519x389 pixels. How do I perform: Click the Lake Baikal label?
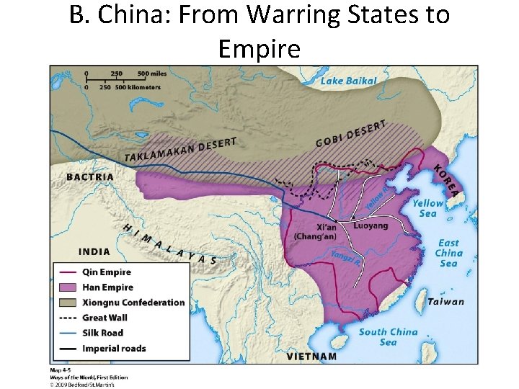pos(348,81)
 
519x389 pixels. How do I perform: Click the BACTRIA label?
pos(90,176)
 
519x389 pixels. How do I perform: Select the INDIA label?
pos(94,251)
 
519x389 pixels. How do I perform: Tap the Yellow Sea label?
pos(427,208)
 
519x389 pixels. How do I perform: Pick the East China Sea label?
pos(448,253)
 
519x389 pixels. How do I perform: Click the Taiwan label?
pos(445,302)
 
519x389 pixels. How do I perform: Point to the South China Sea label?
pos(388,336)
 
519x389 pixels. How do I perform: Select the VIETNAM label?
pos(311,356)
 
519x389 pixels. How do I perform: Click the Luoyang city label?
pos(371,225)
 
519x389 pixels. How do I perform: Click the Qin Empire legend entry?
pos(107,272)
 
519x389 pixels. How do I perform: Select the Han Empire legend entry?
pos(107,287)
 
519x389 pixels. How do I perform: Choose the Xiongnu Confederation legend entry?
pos(133,303)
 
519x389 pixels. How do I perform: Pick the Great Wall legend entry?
pos(105,318)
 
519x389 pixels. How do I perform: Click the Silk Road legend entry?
pos(102,333)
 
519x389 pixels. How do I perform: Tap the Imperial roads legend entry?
pos(114,349)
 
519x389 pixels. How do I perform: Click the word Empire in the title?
pos(259,49)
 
